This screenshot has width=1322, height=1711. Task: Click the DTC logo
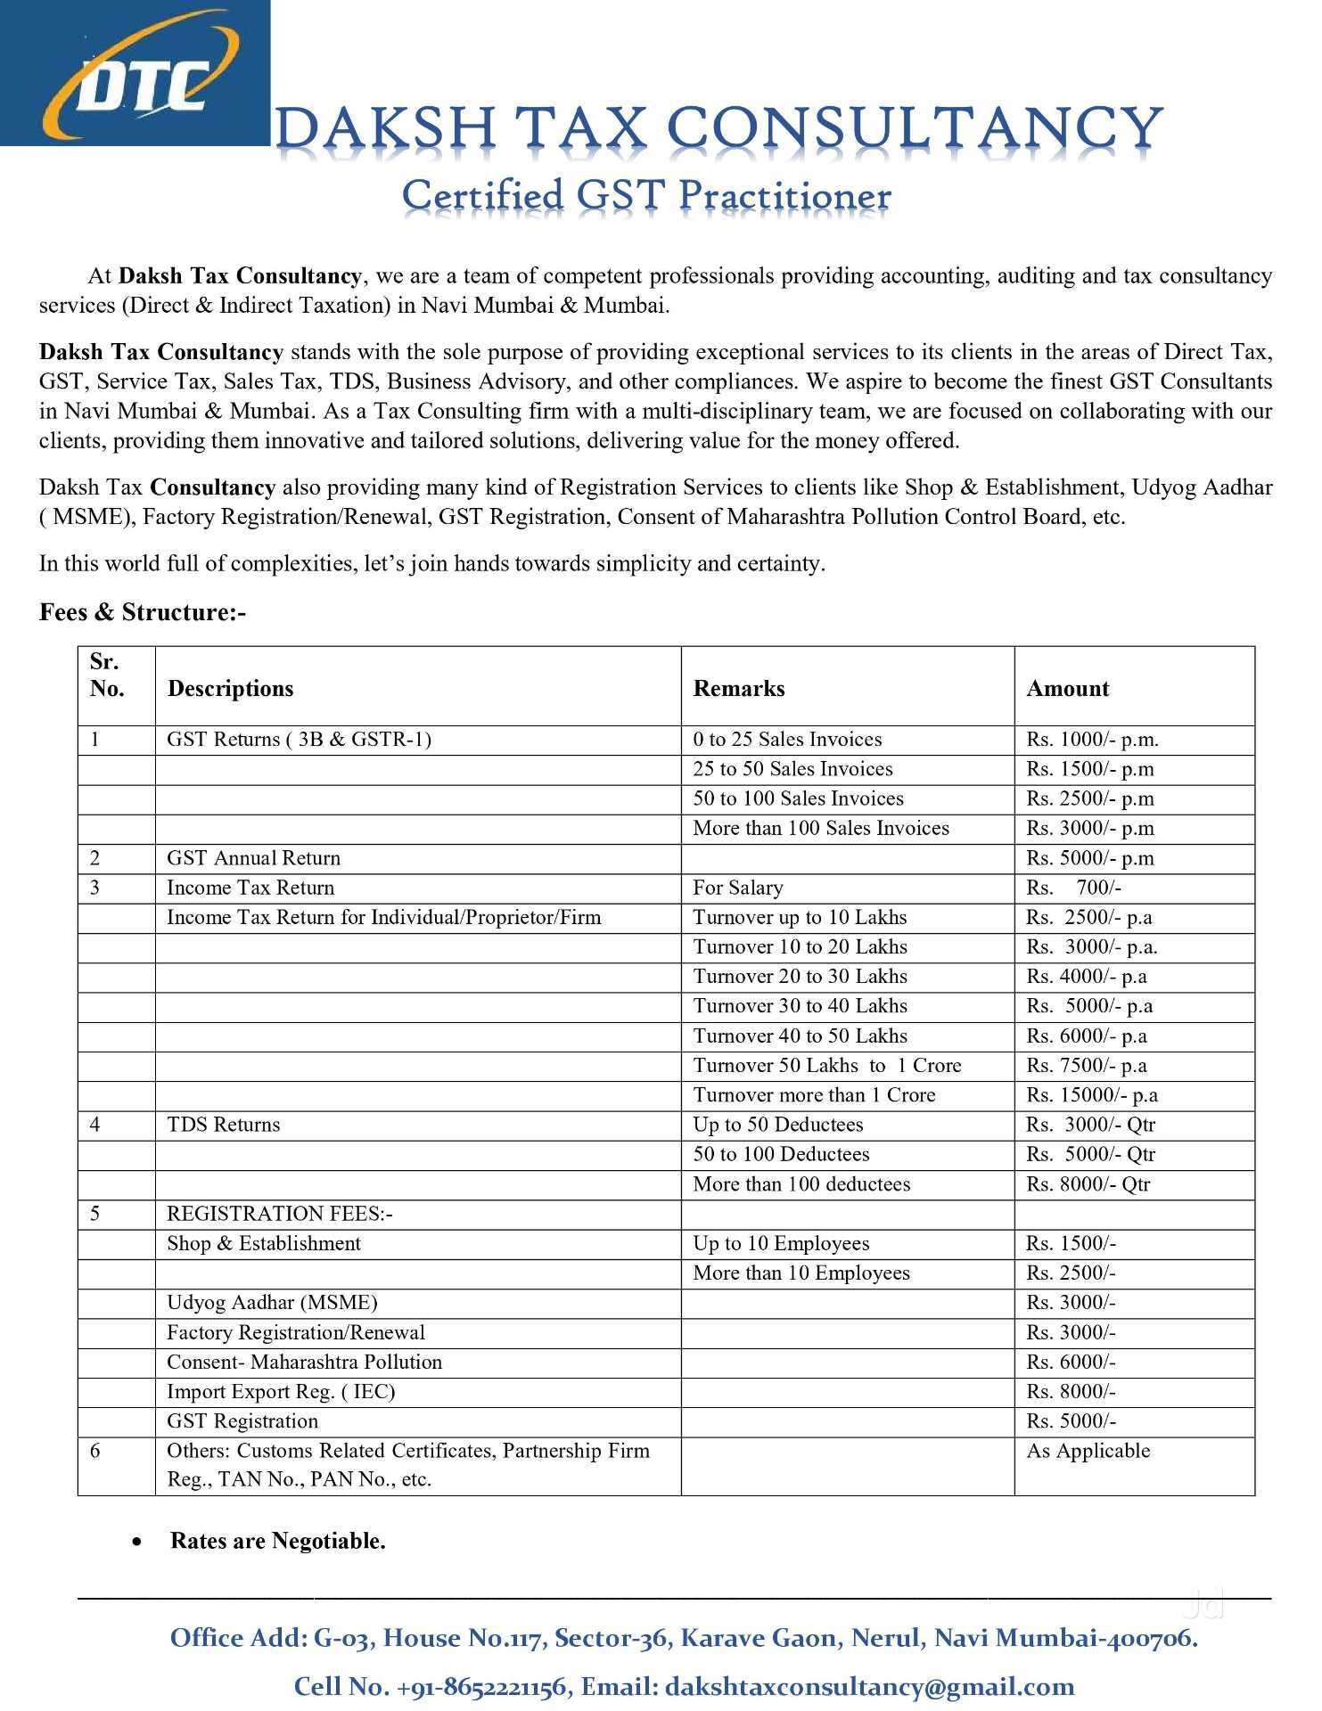(134, 73)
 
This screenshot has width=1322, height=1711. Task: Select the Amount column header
(1067, 688)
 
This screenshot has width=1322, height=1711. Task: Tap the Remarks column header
(739, 688)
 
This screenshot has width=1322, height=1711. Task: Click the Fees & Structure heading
(143, 612)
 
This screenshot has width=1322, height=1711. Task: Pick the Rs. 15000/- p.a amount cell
(1091, 1094)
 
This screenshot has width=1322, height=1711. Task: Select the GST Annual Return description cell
(253, 858)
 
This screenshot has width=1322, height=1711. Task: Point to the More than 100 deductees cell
(801, 1183)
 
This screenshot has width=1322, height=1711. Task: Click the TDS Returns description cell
(223, 1125)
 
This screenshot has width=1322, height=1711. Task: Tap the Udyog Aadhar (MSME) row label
(272, 1302)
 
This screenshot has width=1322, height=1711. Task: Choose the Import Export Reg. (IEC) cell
(281, 1391)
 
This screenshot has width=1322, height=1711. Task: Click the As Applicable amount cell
(1088, 1451)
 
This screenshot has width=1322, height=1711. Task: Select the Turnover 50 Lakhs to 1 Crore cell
(826, 1065)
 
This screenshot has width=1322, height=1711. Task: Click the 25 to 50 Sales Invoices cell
(792, 769)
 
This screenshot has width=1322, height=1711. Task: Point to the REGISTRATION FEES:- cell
(280, 1214)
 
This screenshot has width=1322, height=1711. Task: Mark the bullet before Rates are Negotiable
(136, 1541)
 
